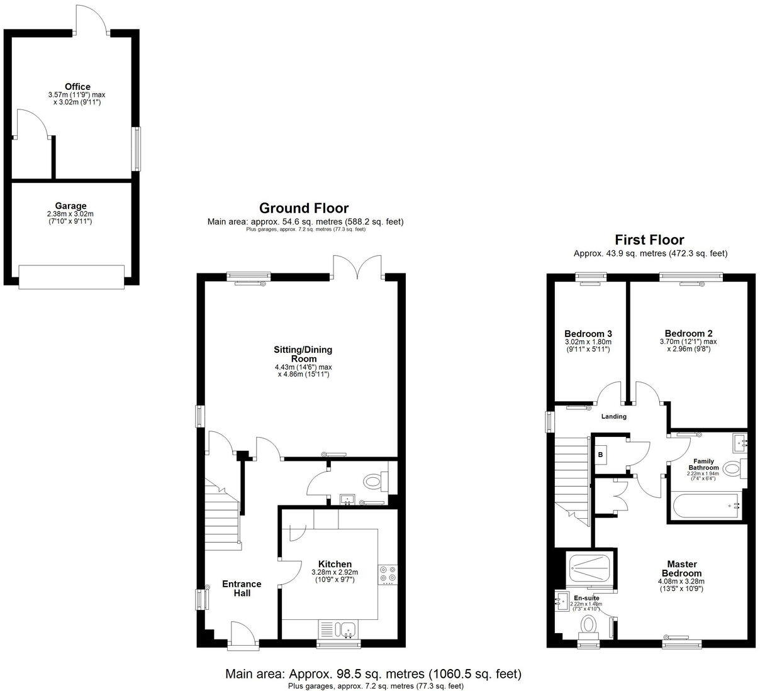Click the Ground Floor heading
304,208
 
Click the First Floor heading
649,240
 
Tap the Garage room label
70,206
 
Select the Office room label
77,87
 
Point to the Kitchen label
335,564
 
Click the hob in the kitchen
387,574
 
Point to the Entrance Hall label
242,589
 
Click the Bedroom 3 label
588,333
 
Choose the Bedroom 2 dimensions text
688,345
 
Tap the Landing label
613,416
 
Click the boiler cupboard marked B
601,454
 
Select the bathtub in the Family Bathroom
705,506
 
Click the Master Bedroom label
681,568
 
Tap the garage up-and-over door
71,276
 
